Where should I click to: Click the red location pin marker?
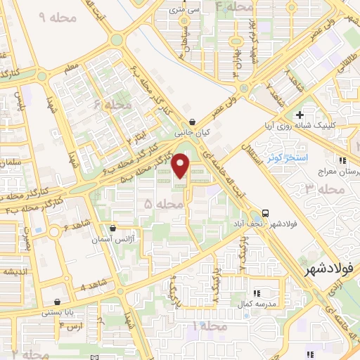(181, 165)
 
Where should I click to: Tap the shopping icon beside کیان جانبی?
(193, 121)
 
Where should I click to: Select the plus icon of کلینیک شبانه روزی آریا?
(300, 114)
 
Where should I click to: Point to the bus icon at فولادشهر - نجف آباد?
(265, 213)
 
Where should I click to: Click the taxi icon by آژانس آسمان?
(113, 229)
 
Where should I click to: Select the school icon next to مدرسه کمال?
(257, 292)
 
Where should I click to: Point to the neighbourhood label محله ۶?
(117, 105)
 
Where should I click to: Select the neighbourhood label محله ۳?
(319, 188)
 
